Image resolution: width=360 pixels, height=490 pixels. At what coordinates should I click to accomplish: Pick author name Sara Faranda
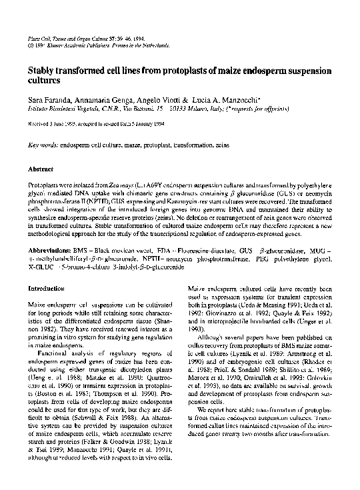pyautogui.click(x=51, y=97)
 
